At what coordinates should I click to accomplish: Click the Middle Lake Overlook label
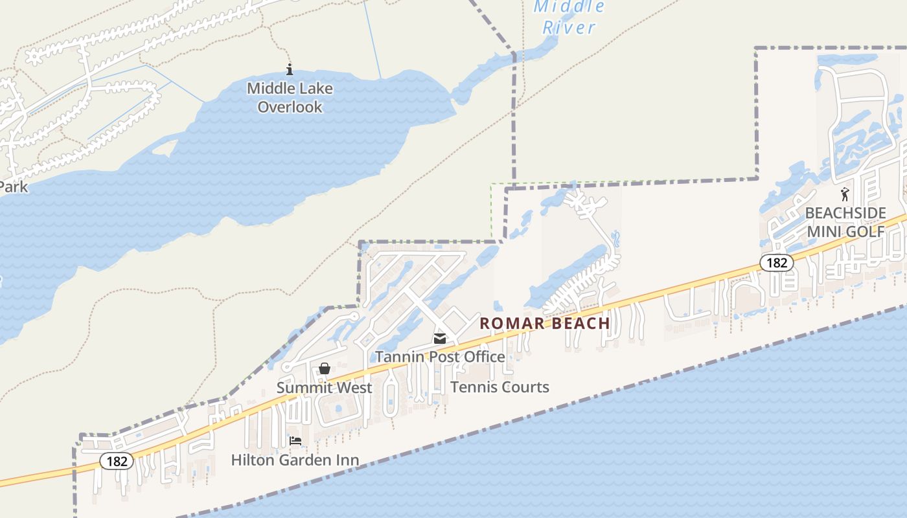tap(290, 97)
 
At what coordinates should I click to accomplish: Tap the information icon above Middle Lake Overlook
tap(290, 69)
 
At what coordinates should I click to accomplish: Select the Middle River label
tap(569, 17)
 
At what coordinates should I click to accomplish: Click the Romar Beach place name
tap(545, 323)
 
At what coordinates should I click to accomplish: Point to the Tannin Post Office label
tap(440, 357)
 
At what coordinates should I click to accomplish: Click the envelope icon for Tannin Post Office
tap(440, 339)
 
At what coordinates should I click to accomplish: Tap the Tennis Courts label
tap(499, 387)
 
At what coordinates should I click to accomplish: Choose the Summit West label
tap(324, 388)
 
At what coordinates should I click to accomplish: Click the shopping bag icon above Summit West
tap(325, 368)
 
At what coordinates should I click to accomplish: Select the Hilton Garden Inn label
tap(295, 460)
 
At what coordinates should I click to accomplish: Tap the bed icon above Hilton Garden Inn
tap(295, 442)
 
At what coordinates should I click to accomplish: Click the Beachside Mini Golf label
tap(845, 222)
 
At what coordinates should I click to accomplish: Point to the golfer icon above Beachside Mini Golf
tap(845, 194)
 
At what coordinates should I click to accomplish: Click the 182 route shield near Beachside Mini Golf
tap(776, 262)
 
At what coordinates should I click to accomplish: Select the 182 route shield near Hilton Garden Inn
tap(117, 461)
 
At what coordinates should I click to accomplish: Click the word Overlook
tap(290, 107)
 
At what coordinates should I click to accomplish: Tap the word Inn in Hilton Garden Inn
tap(345, 460)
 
